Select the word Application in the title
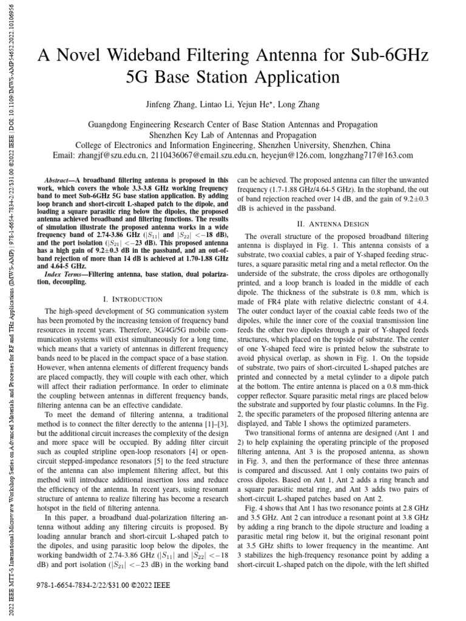click(291, 78)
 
